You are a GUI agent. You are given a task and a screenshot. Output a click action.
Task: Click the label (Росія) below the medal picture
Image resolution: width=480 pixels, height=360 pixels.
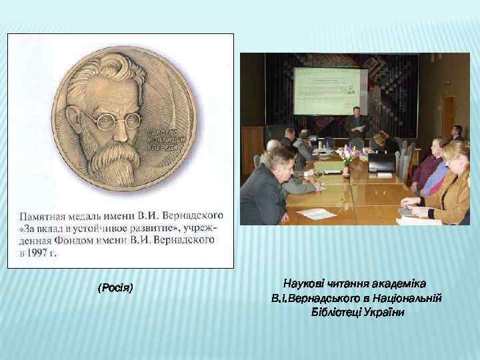tap(115, 288)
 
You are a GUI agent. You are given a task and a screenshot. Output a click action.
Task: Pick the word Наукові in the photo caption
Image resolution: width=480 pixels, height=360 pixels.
tap(303, 283)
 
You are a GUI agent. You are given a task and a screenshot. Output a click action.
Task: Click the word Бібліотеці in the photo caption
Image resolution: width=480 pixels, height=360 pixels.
tap(337, 311)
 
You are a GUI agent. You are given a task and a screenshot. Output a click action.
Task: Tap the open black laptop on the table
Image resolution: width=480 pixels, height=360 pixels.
tap(381, 163)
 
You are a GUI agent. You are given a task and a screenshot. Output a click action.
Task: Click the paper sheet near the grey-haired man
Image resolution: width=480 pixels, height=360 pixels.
tap(315, 213)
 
